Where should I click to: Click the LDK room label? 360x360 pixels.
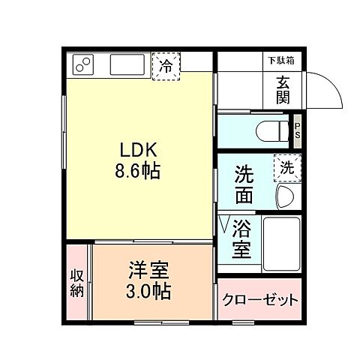pyautogui.click(x=136, y=150)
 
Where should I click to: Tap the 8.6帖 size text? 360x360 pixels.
pyautogui.click(x=136, y=170)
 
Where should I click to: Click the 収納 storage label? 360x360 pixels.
pyautogui.click(x=76, y=283)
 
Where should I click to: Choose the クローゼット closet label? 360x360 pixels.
pyautogui.click(x=260, y=300)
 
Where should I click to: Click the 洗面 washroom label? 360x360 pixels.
pyautogui.click(x=244, y=185)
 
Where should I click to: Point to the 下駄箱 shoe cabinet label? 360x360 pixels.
pyautogui.click(x=281, y=60)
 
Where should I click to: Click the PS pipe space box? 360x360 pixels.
pyautogui.click(x=297, y=130)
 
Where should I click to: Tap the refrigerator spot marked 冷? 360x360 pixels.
pyautogui.click(x=166, y=65)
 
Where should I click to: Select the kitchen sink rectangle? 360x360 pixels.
pyautogui.click(x=127, y=65)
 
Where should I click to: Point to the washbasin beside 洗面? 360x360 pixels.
pyautogui.click(x=286, y=196)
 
